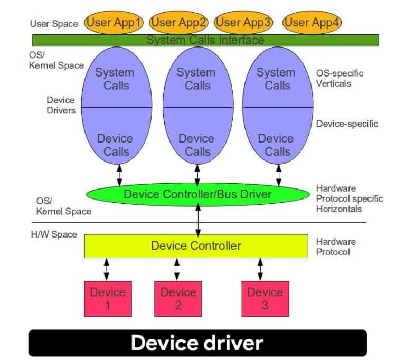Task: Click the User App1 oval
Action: pos(114,22)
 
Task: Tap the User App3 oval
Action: pos(244,22)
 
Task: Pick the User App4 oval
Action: pos(312,22)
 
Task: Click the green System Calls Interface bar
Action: pos(205,40)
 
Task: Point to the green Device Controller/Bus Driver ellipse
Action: pos(197,194)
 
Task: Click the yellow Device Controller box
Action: pos(196,245)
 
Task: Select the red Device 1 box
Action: pos(108,299)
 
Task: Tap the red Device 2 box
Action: pos(178,299)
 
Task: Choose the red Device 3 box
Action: pos(265,299)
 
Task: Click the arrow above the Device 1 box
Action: pos(107,269)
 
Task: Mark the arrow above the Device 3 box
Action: pos(260,269)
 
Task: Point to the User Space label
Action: pos(54,23)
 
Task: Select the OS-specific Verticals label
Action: pos(340,78)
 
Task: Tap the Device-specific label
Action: pos(347,124)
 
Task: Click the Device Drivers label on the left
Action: pos(61,105)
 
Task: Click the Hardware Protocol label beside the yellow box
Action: pos(336,247)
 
